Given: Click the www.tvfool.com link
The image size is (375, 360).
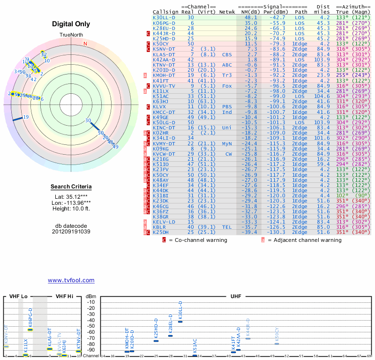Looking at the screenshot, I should pyautogui.click(x=71, y=280).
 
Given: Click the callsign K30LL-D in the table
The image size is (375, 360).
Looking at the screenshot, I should pyautogui.click(x=164, y=17).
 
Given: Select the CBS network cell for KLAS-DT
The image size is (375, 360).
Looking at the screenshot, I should pyautogui.click(x=227, y=54).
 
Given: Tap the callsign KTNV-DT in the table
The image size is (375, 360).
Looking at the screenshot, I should pyautogui.click(x=164, y=65).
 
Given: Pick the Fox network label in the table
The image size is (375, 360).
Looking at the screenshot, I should pyautogui.click(x=227, y=86).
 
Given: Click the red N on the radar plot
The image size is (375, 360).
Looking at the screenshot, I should pyautogui.click(x=85, y=44).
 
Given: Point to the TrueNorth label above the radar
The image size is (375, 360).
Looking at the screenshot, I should pyautogui.click(x=71, y=36).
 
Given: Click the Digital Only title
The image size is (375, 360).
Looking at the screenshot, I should pyautogui.click(x=71, y=24).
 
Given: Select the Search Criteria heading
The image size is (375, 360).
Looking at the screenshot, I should pyautogui.click(x=71, y=187).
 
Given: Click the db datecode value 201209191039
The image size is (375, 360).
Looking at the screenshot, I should pyautogui.click(x=71, y=231).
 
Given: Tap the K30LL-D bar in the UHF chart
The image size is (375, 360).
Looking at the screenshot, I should pyautogui.click(x=180, y=322).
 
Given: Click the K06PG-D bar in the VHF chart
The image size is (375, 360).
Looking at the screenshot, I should pyautogui.click(x=30, y=330).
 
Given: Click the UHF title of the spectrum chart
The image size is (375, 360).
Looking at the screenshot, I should pyautogui.click(x=236, y=296).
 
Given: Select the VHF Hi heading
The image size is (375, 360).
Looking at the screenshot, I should pyautogui.click(x=65, y=296).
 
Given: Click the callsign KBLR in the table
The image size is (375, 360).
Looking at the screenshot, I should pyautogui.click(x=160, y=227).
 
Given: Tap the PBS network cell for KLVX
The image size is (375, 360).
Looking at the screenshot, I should pyautogui.click(x=227, y=106).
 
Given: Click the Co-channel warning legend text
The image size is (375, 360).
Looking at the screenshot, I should pyautogui.click(x=198, y=240).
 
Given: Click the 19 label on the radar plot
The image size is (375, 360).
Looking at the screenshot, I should pyautogui.click(x=26, y=117).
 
